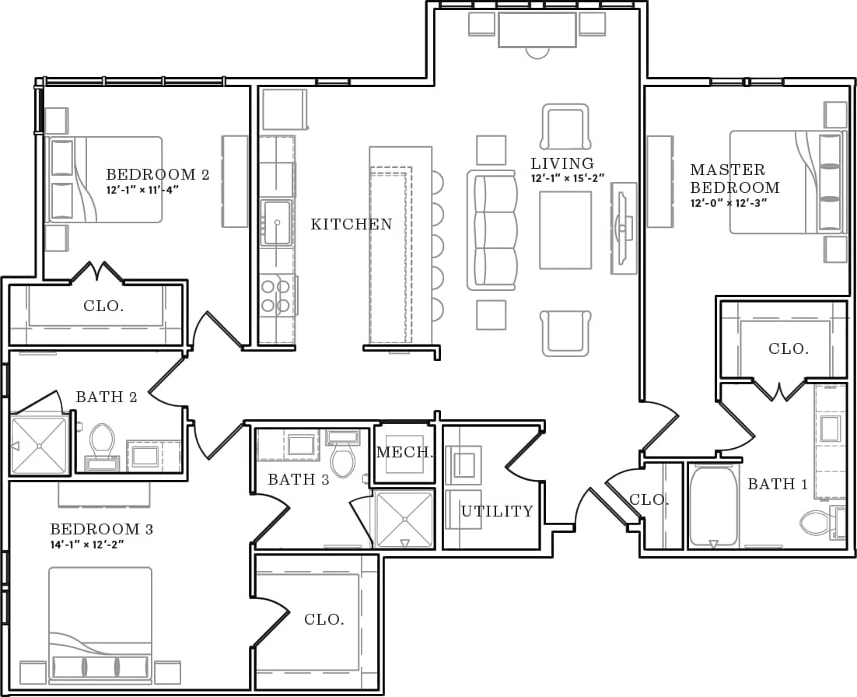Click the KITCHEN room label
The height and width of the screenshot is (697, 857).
click(x=352, y=225)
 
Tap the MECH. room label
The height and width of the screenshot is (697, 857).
click(x=404, y=453)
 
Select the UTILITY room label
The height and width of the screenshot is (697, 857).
click(x=497, y=511)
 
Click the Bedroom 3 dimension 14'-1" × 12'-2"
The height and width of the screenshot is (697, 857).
click(x=87, y=545)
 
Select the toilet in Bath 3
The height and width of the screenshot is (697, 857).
click(x=343, y=457)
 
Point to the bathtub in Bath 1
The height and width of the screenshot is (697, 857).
click(x=713, y=506)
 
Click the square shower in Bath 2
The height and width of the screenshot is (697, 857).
click(x=39, y=445)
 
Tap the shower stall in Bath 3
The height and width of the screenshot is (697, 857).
click(x=404, y=520)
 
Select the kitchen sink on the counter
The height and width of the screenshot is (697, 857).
click(x=277, y=222)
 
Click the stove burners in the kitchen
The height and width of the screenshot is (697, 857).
click(x=276, y=296)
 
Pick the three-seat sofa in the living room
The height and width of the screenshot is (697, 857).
click(x=492, y=229)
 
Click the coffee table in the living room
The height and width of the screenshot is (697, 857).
click(x=565, y=229)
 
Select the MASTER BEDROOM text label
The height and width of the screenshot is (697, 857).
click(x=734, y=178)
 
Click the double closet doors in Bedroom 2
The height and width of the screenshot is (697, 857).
click(x=97, y=273)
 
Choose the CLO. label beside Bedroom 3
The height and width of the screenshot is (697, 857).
click(x=324, y=620)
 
